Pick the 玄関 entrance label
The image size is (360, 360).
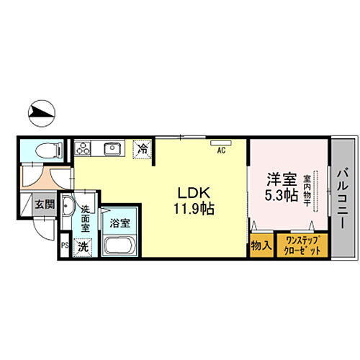coord(44,204)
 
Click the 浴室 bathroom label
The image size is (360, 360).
coord(120,222)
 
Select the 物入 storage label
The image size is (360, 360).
coord(261,246)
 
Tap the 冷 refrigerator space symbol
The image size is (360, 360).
coord(143,150)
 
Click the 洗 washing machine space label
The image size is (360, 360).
coord(83,245)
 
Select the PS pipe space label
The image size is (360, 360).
coord(64,245)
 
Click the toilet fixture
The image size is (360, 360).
coord(45,151)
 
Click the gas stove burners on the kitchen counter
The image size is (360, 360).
coord(84,148)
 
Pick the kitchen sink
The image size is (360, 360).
coord(113,149)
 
